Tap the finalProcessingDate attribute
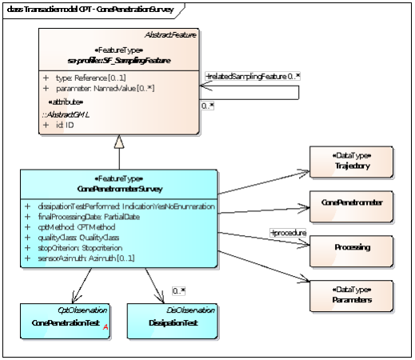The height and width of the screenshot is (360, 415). pos(96,217)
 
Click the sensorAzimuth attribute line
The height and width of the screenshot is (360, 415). pos(89,258)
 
